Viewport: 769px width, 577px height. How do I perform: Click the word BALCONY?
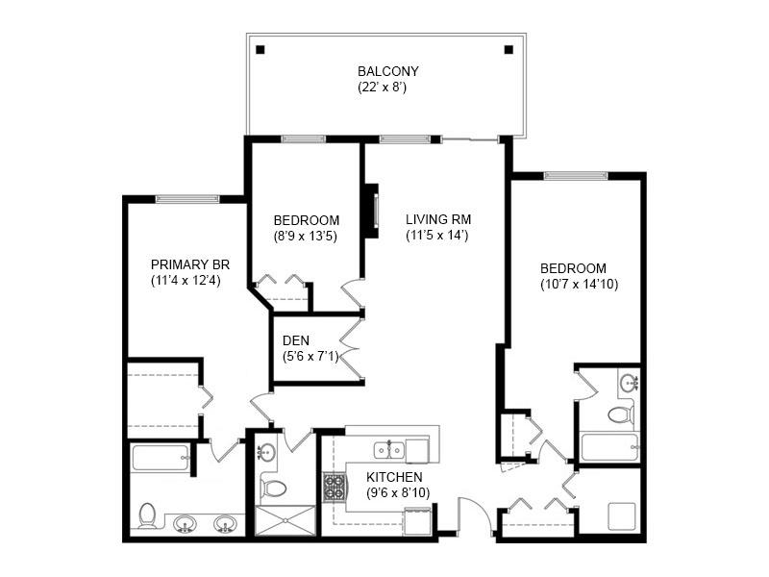click(387, 71)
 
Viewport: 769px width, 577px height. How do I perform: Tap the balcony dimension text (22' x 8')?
click(387, 87)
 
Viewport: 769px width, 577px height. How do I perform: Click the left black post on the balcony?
click(260, 49)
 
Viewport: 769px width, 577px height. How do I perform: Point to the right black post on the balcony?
click(509, 49)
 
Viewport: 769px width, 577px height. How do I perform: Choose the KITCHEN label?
click(394, 476)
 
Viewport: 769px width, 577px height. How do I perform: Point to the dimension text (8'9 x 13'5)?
click(305, 235)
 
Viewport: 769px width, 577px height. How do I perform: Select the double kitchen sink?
click(388, 449)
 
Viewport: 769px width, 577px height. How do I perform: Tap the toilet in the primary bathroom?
click(147, 515)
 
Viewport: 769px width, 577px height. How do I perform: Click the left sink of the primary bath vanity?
click(186, 523)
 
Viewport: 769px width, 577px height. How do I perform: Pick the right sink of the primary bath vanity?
click(225, 523)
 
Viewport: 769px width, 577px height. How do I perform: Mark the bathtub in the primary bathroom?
click(160, 457)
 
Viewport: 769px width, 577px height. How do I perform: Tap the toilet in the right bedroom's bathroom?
click(621, 414)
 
